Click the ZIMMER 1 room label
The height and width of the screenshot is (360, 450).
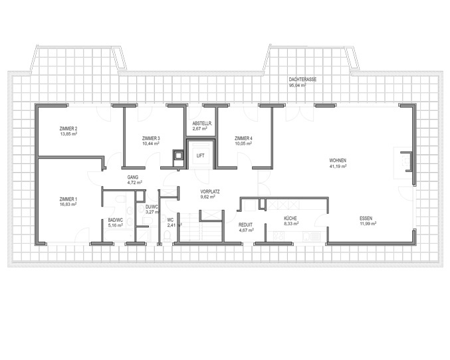(68, 199)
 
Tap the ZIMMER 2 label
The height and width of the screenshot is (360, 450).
(68, 128)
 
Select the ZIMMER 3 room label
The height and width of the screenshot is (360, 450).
(151, 138)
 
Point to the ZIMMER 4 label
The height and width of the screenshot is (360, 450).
(243, 138)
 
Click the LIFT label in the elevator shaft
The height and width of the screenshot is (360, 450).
(201, 155)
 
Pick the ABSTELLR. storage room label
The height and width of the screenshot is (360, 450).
(202, 124)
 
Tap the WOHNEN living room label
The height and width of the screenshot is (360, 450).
(338, 160)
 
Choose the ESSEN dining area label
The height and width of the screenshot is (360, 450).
(366, 219)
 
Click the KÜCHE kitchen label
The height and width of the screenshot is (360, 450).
(290, 219)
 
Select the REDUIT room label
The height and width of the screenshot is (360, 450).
(246, 225)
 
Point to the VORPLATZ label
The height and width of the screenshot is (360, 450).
(210, 191)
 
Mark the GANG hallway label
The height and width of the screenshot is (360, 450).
(133, 177)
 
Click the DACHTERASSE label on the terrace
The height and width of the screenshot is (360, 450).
(303, 80)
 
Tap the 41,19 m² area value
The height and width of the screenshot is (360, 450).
(338, 166)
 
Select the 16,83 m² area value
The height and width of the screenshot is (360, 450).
(68, 205)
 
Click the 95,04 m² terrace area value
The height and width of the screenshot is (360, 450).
(297, 85)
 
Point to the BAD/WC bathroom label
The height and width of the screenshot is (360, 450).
(116, 220)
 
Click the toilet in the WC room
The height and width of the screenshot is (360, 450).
(166, 236)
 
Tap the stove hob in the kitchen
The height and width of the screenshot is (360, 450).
(279, 236)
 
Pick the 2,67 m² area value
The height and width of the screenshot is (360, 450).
(200, 129)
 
